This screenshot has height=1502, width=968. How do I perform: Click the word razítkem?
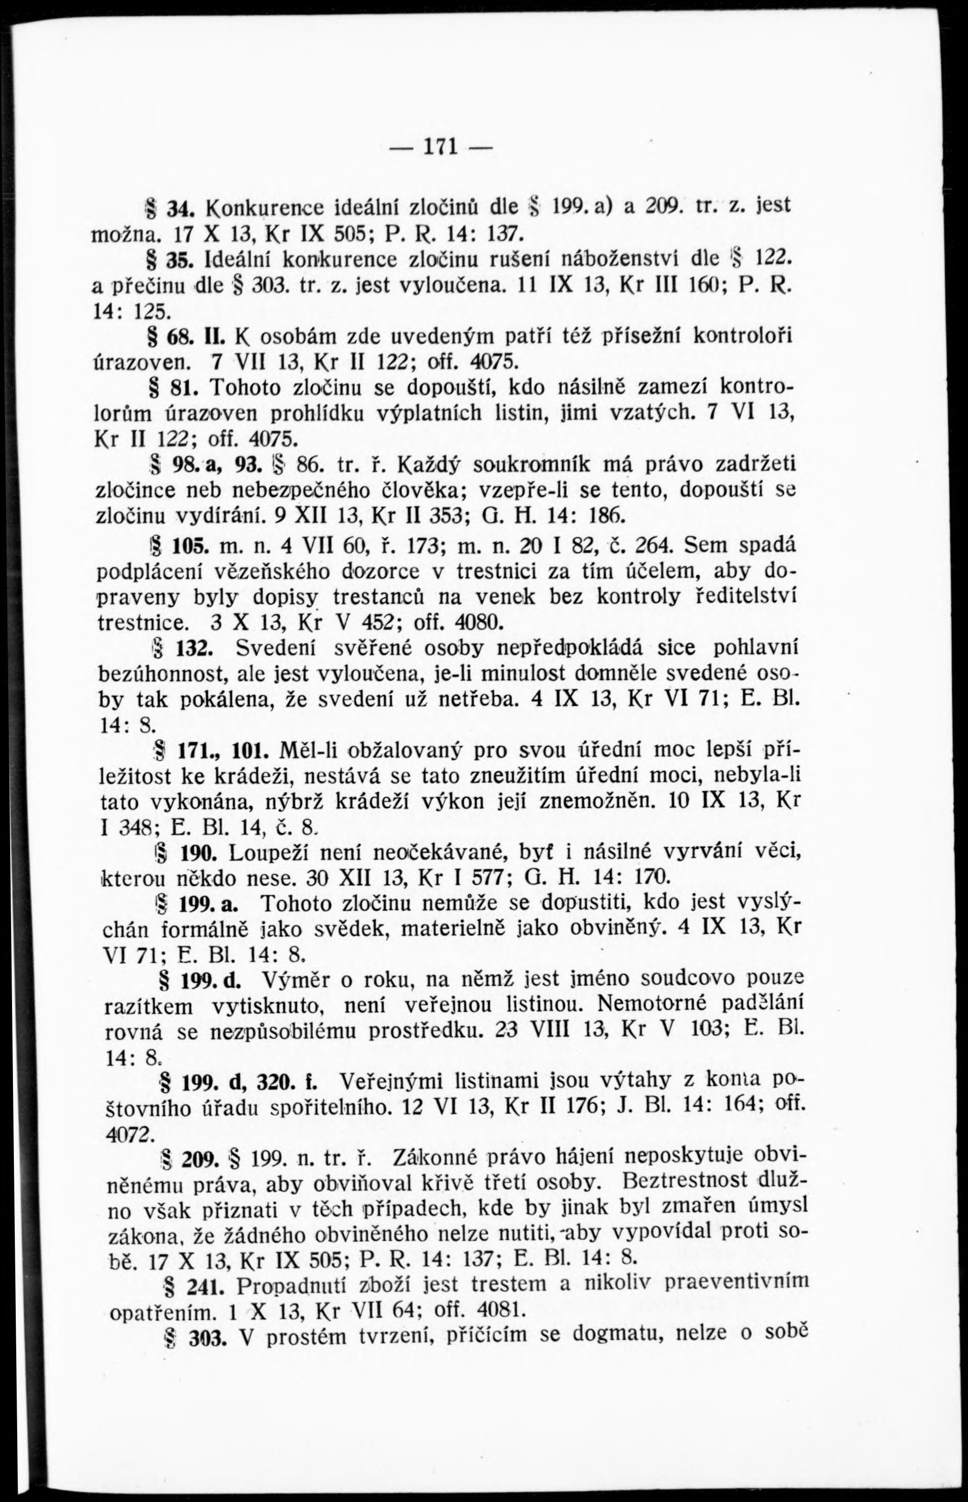click(147, 1008)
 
